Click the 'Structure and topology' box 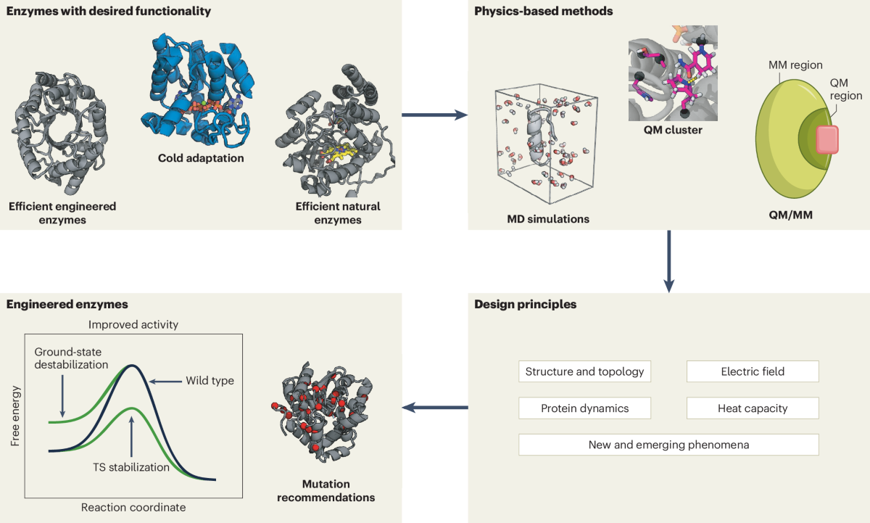584,371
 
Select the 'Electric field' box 753,371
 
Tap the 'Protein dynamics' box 584,408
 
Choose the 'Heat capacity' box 753,408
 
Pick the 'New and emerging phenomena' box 668,445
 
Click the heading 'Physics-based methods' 533,12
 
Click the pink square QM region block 826,139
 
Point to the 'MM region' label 796,65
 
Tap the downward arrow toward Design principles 668,261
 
